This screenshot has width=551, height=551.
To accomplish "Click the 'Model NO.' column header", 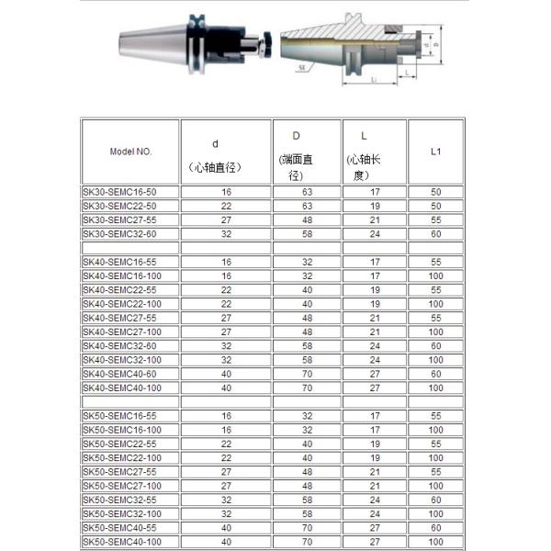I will tap(129, 150).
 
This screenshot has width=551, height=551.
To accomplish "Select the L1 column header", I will tap(435, 150).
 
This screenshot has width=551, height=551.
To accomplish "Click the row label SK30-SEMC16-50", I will tap(118, 192).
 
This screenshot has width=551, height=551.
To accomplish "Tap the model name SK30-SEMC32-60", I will tap(118, 234).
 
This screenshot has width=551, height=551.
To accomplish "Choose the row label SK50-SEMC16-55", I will tap(118, 415).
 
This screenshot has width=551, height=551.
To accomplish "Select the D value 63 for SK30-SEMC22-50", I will tap(308, 206).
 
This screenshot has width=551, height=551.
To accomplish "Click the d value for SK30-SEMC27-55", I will tap(226, 219).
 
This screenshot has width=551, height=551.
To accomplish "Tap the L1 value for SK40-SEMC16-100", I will tap(435, 275).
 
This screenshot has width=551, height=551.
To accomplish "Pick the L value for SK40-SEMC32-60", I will tap(375, 344).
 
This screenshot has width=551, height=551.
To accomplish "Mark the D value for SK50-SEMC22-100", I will tap(308, 457).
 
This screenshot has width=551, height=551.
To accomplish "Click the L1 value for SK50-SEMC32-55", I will tap(435, 500).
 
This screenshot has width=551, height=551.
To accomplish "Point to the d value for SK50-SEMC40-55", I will tap(226, 527).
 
